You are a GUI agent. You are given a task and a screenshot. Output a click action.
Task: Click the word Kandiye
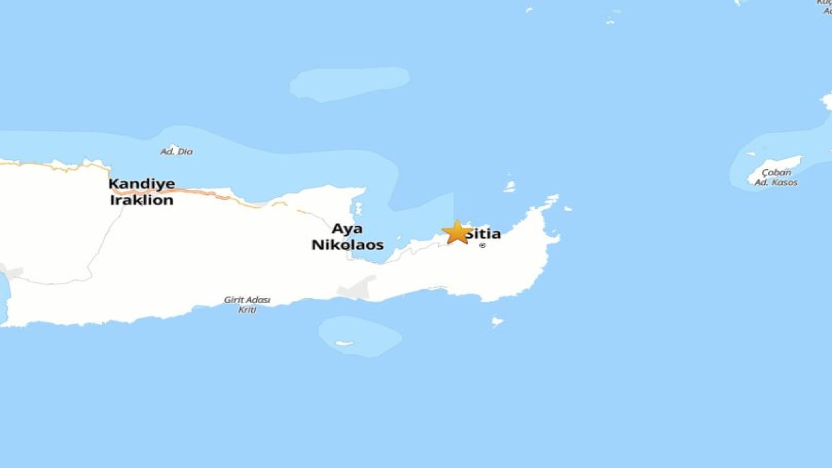coord(141,184)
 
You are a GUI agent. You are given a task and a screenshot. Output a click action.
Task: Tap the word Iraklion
coord(141,200)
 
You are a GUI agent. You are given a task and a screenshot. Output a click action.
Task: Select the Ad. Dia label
coord(177,151)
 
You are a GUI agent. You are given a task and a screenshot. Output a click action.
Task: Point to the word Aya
coord(347,229)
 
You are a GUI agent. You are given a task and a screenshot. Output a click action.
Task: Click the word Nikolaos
coord(347,245)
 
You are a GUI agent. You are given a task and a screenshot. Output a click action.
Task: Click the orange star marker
coord(457,232)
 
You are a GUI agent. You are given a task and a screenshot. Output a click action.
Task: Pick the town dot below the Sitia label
coord(483,245)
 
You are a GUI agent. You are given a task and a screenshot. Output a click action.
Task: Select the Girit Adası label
coord(247,300)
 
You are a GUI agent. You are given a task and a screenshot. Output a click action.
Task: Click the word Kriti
coord(247,310)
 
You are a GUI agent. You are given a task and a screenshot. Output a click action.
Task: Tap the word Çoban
coord(776,173)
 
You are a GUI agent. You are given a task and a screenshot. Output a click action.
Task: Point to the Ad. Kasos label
coord(776,182)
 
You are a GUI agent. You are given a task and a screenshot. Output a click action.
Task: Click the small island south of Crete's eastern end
coord(497,321)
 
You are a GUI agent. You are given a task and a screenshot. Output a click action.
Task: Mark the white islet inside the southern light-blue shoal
coord(345,343)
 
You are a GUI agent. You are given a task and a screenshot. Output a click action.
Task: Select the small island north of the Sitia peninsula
coord(510,186)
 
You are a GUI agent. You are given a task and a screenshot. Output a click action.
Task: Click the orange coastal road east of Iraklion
coord(215,195)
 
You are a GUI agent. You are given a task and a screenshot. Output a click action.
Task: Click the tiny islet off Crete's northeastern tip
coord(567,208)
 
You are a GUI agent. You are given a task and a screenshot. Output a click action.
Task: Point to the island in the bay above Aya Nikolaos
coord(358,207)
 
